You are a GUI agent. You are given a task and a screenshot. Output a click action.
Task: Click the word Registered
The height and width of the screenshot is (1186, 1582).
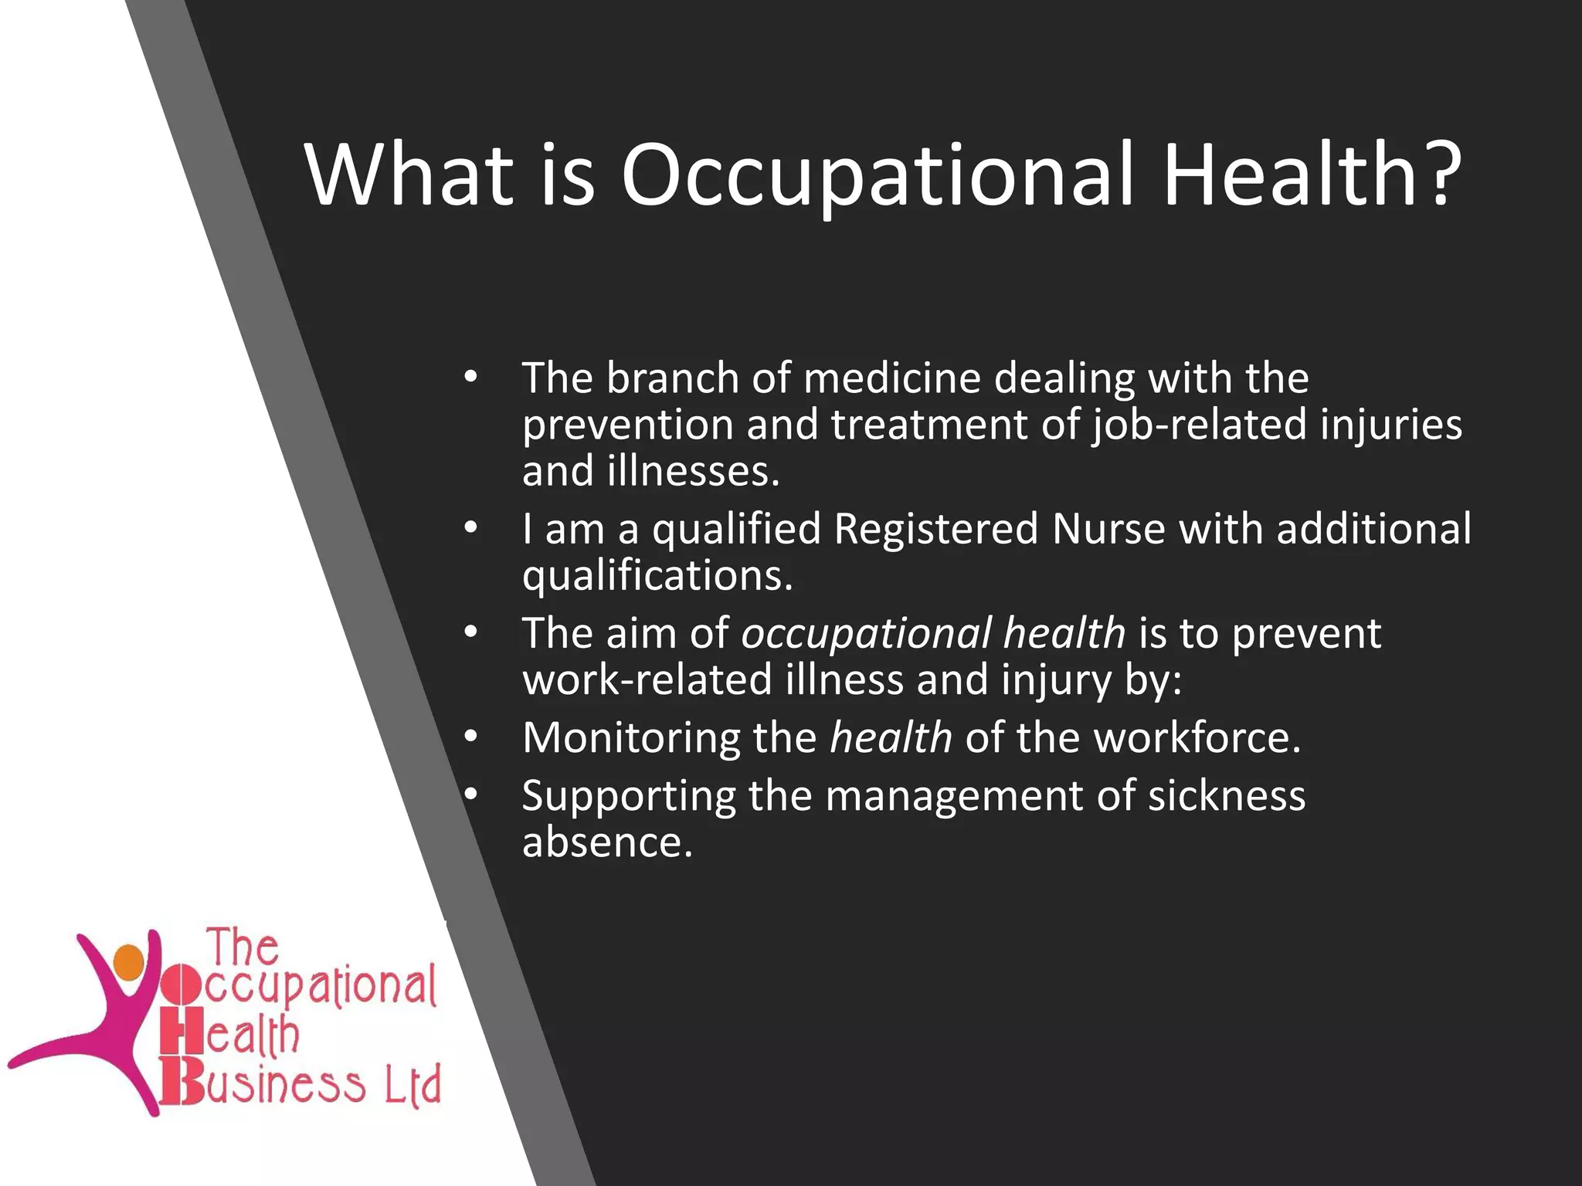point(935,530)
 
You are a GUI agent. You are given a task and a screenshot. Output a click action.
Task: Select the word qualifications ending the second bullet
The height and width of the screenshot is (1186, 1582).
point(657,577)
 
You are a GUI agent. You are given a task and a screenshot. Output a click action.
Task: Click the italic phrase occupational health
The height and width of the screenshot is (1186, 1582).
point(933,634)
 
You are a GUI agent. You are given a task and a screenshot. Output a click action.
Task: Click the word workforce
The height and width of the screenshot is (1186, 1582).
point(1197,737)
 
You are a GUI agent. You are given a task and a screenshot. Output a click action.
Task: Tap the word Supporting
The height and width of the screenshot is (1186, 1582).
point(628,795)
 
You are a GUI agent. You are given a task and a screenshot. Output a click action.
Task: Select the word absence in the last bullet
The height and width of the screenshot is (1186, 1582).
point(607,842)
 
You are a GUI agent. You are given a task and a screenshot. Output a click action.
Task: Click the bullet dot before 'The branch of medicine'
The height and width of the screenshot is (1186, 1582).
point(471,378)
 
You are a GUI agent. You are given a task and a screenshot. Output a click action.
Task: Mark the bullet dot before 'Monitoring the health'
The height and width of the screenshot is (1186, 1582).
point(471,737)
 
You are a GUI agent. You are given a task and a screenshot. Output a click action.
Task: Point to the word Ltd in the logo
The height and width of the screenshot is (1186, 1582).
point(412,1084)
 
